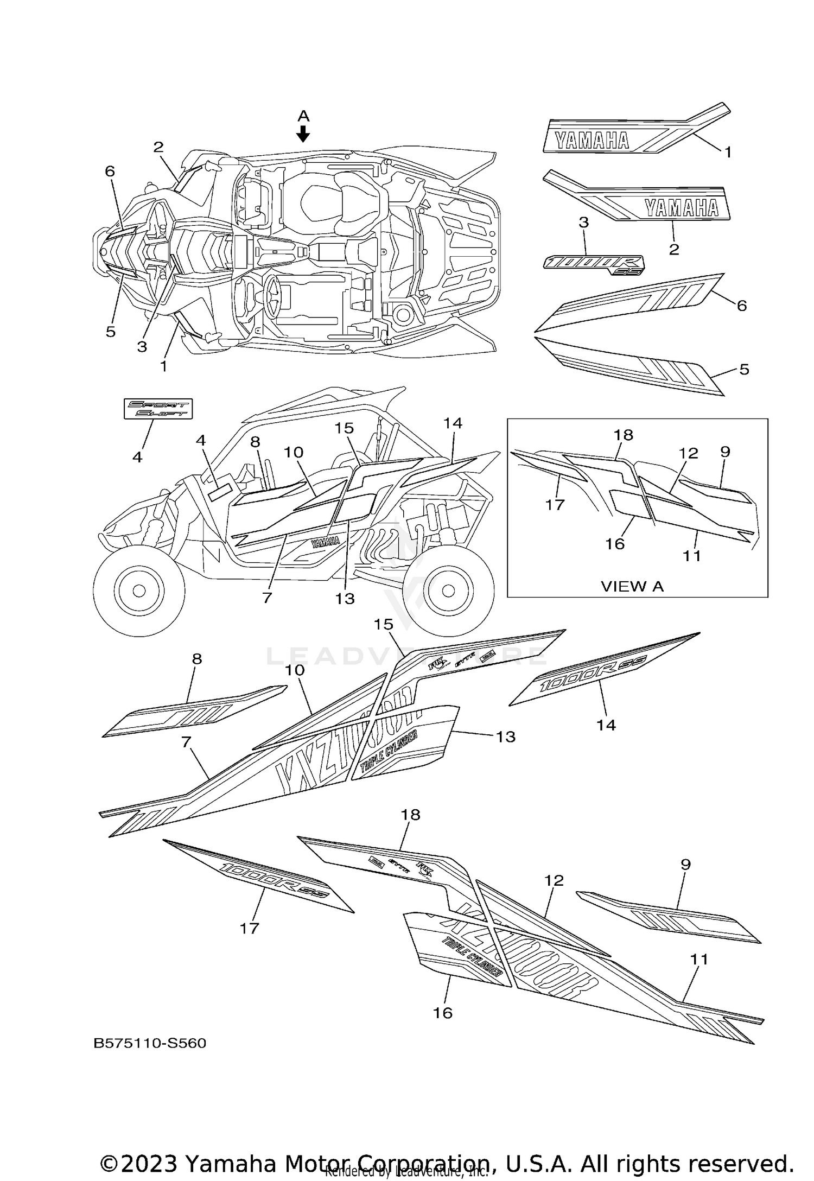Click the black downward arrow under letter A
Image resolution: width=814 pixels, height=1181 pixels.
[303, 134]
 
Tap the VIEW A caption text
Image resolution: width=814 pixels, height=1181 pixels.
[632, 586]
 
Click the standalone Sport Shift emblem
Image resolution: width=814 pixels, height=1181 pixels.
[157, 409]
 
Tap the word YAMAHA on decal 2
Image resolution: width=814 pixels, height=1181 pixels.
[681, 207]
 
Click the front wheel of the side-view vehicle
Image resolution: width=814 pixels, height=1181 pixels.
[137, 589]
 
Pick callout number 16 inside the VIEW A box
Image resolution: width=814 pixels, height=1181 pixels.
[615, 544]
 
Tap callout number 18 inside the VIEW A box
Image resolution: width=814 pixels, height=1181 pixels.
[624, 435]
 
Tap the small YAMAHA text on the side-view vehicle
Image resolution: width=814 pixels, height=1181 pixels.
[325, 542]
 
